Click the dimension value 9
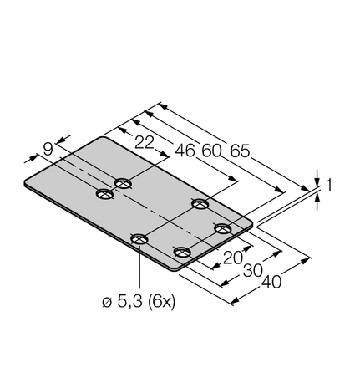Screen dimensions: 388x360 (x=48, y=149)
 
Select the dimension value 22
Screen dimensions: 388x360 (x=145, y=143)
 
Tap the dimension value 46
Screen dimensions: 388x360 (x=184, y=151)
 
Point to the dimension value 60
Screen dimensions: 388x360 (x=212, y=151)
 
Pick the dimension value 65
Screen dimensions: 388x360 (x=241, y=151)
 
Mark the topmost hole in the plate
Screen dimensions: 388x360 (x=124, y=182)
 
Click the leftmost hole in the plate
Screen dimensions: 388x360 (x=104, y=195)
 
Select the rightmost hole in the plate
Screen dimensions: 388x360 (x=222, y=227)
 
